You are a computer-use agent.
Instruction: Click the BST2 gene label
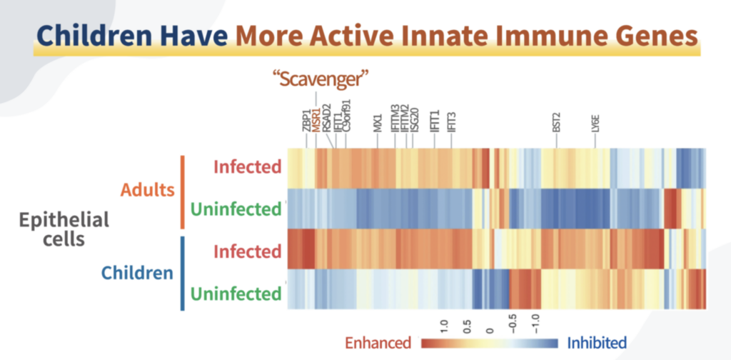point(557,122)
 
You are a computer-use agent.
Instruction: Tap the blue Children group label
point(137,273)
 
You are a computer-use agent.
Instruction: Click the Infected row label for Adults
point(247,167)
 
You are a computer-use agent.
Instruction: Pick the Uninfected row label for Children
point(236,294)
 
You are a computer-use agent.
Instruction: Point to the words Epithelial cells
point(64,229)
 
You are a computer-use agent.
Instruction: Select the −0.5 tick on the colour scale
point(512,326)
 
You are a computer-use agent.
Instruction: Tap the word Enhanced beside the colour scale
point(378,343)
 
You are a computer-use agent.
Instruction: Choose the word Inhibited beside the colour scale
point(597,343)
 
